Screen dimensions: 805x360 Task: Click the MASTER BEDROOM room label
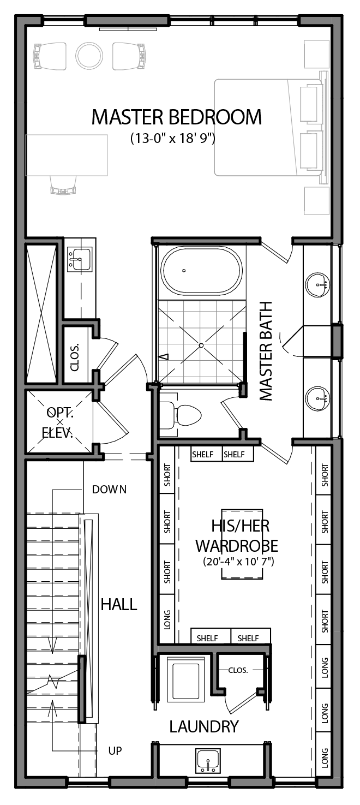pos(176,117)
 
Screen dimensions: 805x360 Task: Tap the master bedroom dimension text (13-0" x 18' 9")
pos(173,138)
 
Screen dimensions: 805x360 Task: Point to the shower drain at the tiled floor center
pos(201,345)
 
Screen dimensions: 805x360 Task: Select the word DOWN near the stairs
pos(109,489)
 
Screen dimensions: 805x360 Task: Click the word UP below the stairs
pos(115,751)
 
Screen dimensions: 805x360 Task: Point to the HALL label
pos(118,604)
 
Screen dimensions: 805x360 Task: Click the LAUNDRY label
pos(203,726)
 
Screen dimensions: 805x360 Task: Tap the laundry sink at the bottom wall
pos(208,760)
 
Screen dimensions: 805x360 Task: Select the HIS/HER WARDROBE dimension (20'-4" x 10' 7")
pos(236,560)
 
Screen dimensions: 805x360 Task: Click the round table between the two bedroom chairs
pos(89,56)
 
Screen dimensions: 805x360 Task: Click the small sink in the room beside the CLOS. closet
pos(80,259)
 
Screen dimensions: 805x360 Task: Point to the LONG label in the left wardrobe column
pos(167,619)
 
